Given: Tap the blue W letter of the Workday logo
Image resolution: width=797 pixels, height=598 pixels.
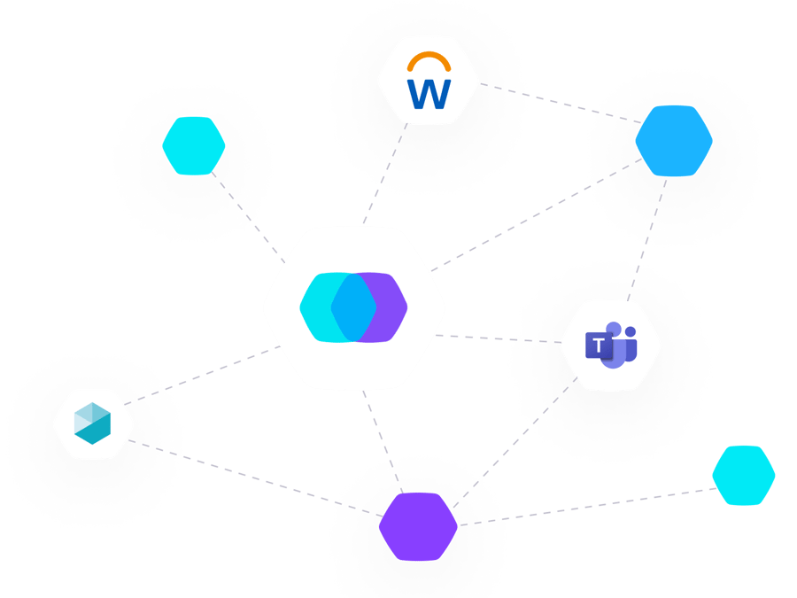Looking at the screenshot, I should (428, 92).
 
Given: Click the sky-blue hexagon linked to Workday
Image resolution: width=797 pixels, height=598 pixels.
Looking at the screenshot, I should (674, 141).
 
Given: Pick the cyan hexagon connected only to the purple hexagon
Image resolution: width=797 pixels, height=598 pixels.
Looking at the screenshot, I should (744, 476).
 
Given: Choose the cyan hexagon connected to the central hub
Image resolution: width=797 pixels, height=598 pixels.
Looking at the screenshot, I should (194, 145).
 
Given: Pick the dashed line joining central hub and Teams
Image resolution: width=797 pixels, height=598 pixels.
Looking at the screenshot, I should (496, 338).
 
